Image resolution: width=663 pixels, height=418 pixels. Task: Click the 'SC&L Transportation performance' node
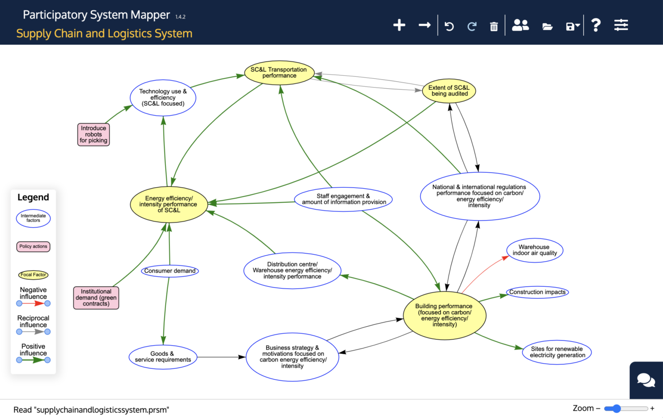pos(279,73)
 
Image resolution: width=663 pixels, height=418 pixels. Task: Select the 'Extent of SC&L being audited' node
pos(449,91)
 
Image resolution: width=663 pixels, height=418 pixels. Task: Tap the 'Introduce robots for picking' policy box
pos(94,134)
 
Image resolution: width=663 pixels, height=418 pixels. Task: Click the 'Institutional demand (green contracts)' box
pos(96,298)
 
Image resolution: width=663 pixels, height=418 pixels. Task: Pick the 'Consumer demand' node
pos(170,271)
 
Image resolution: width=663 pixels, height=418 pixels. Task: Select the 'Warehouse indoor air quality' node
pos(534,250)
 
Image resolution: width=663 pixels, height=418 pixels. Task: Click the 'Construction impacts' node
pos(537,292)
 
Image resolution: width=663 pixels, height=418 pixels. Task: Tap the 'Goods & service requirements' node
pos(163,357)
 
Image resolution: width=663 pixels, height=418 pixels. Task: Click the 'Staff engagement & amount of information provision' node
pos(343,199)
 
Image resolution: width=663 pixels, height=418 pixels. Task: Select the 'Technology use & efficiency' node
pos(163,97)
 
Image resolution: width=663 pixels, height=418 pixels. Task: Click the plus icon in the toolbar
pos(399,25)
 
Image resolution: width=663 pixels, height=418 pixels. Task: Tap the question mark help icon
pos(596,25)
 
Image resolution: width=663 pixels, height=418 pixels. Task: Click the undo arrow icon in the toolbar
pos(449,26)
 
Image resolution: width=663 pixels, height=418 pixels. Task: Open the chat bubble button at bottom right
pos(646,380)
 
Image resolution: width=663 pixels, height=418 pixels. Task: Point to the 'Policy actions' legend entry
pos(33,246)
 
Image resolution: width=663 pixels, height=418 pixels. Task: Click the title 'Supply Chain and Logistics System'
pos(104,34)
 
